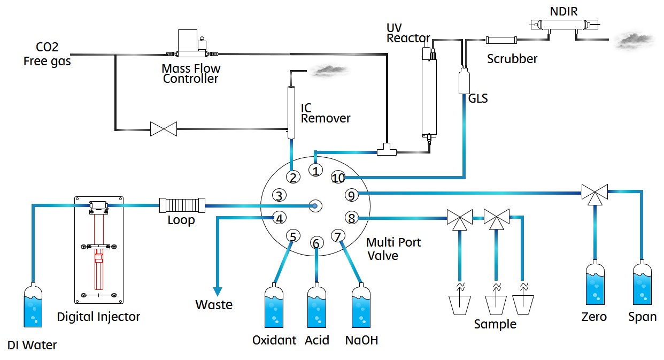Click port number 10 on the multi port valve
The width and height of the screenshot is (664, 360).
338,178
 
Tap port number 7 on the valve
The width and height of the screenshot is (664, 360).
336,235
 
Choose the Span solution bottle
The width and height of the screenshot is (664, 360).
642,283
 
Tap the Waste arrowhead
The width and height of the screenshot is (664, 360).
218,291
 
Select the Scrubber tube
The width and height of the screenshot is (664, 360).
501,40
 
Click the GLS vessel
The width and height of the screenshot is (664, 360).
465,81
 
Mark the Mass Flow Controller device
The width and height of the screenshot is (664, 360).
191,45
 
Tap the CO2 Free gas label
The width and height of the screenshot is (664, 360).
47,54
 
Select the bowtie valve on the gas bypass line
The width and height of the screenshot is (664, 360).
164,129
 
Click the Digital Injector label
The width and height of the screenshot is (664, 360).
98,317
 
